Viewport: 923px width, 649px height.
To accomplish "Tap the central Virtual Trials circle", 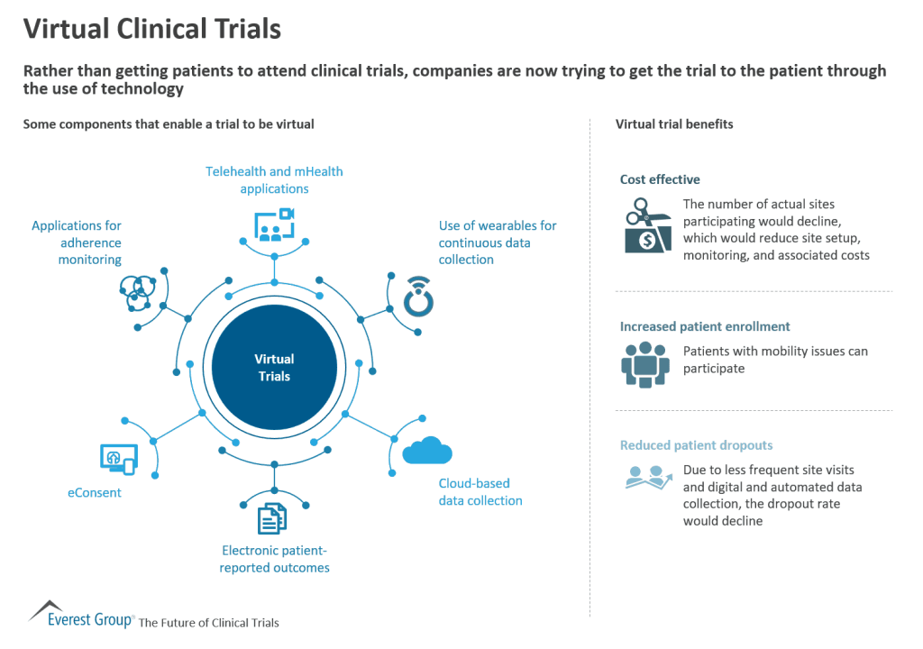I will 274,368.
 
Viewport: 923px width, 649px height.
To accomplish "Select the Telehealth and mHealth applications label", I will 274,180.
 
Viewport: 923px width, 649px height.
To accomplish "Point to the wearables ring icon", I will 418,299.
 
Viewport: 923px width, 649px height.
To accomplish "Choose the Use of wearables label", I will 498,242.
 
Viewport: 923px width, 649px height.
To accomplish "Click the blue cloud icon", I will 427,449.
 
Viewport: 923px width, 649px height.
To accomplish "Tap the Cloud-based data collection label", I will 480,492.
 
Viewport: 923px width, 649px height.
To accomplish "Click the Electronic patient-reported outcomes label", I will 275,559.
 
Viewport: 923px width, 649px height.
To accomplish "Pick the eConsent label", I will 95,493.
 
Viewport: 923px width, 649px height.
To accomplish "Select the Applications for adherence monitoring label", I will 77,242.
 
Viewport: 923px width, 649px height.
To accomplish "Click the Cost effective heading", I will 660,179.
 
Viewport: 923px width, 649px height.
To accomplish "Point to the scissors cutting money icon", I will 647,225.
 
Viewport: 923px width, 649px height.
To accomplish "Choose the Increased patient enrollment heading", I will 705,326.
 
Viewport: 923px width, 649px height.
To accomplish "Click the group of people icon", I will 645,363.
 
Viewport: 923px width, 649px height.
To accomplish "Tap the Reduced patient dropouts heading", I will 696,445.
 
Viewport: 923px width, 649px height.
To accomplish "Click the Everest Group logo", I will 81,616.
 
